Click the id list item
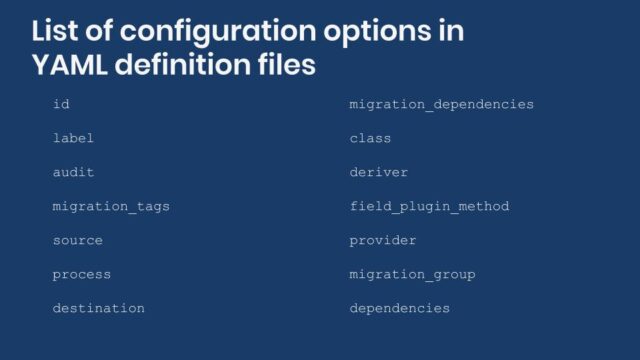[x=61, y=104]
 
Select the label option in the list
[x=73, y=138]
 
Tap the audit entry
[x=73, y=172]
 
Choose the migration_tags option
[x=111, y=206]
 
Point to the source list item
[x=77, y=240]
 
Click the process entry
[x=81, y=274]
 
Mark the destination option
[x=98, y=308]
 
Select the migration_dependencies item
[x=441, y=104]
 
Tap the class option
[x=370, y=138]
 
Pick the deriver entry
[x=378, y=172]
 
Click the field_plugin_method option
[x=429, y=206]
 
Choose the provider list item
[x=382, y=240]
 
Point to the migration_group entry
[x=412, y=274]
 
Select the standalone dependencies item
[x=399, y=308]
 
